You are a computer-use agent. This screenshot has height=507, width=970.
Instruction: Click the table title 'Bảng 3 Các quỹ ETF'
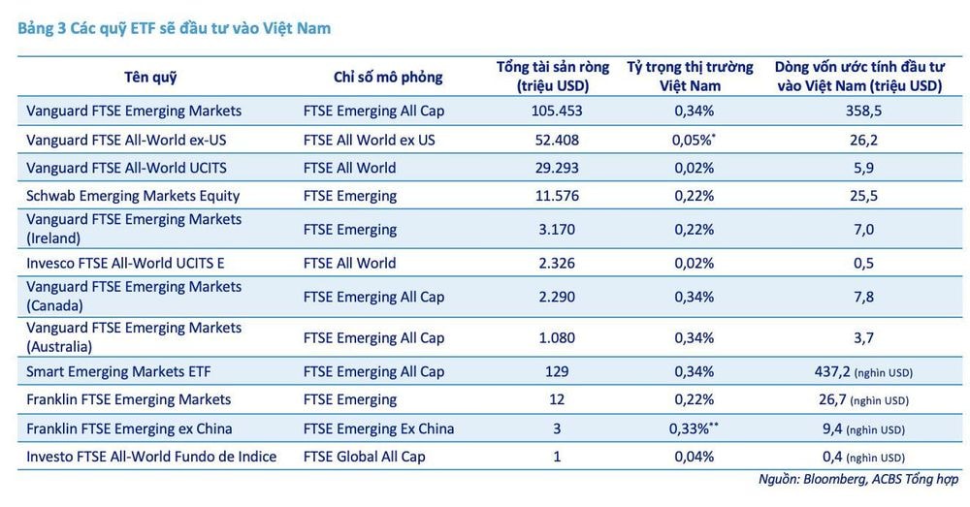click(x=175, y=28)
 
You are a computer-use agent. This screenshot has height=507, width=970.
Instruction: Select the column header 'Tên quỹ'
click(x=150, y=77)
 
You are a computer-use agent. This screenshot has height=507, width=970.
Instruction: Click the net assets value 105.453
click(x=556, y=111)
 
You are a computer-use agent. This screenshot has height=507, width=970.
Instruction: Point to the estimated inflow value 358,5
click(x=858, y=111)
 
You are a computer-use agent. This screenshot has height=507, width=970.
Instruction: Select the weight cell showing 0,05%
click(x=694, y=140)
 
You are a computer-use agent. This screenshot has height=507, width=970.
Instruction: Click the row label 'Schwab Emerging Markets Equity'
click(x=133, y=195)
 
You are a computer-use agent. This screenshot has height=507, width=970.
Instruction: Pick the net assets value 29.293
click(x=556, y=168)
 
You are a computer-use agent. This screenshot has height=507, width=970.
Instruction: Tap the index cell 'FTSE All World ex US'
click(x=369, y=140)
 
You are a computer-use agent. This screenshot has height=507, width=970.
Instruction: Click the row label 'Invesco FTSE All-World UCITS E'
click(x=125, y=263)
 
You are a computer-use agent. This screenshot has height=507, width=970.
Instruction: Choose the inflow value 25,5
click(x=858, y=195)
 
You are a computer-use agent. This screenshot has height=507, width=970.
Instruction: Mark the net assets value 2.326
click(x=556, y=263)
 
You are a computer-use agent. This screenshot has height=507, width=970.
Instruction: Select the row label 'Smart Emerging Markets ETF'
click(x=118, y=371)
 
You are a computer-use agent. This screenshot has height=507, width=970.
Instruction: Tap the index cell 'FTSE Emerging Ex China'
click(x=378, y=428)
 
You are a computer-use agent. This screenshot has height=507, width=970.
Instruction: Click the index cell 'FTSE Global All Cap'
click(x=364, y=457)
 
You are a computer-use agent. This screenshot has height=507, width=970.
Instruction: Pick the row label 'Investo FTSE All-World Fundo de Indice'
click(x=151, y=457)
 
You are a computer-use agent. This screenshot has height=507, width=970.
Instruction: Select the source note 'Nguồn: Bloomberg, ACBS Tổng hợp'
click(x=857, y=480)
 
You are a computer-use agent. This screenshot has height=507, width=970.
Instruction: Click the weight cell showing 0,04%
click(x=694, y=457)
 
